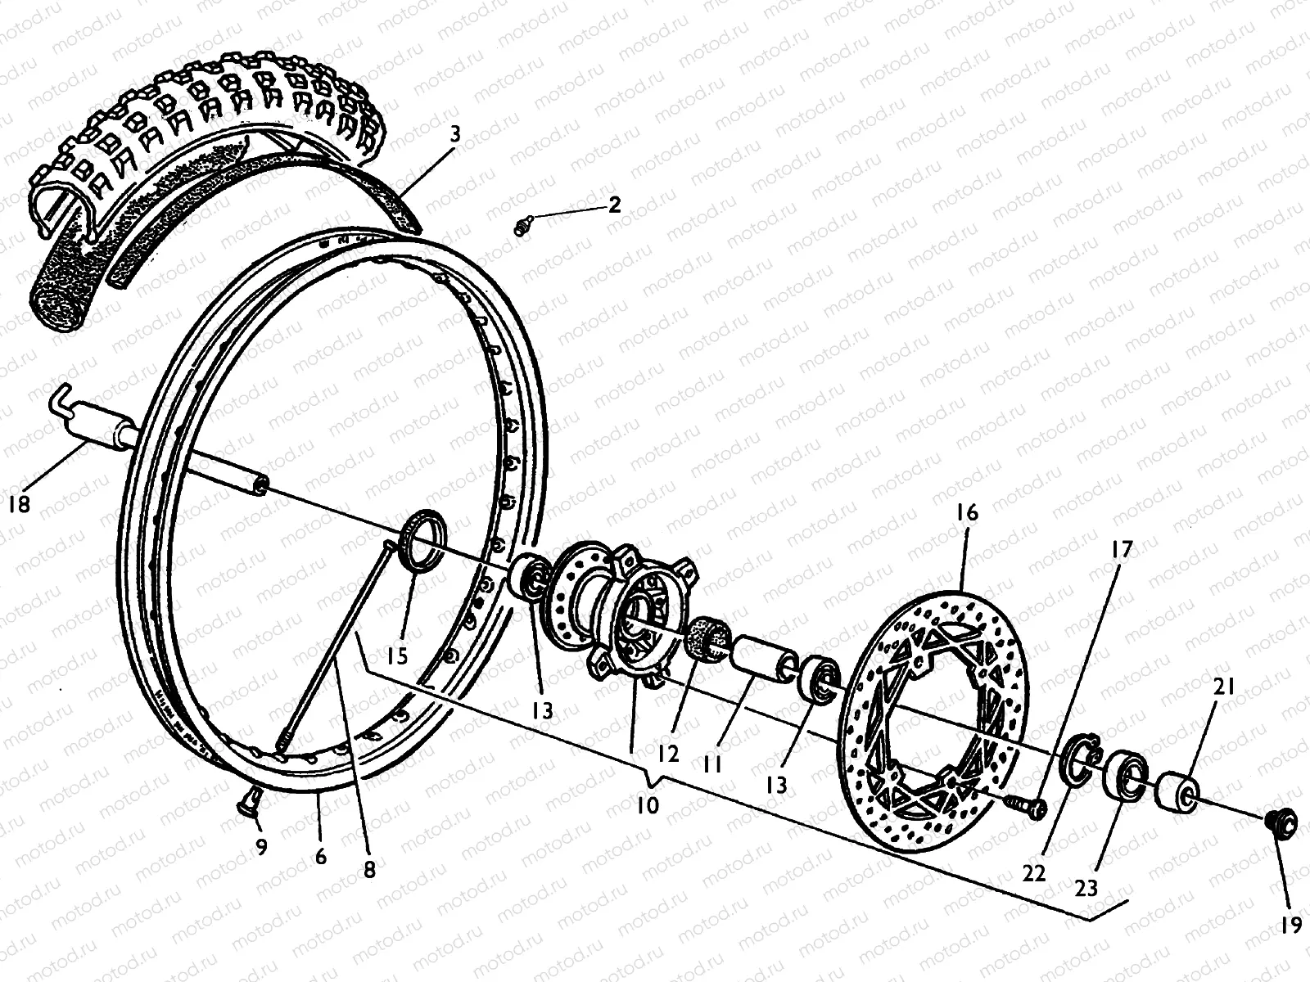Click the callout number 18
coord(20,504)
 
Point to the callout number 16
coord(966,513)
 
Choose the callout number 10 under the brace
coord(647,804)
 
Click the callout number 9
coord(261,848)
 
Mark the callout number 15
coord(398,656)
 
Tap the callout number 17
coord(1121,549)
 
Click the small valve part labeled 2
coord(522,223)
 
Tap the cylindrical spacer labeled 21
coord(1176,791)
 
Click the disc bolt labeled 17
coord(1030,807)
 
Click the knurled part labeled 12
coord(708,637)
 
